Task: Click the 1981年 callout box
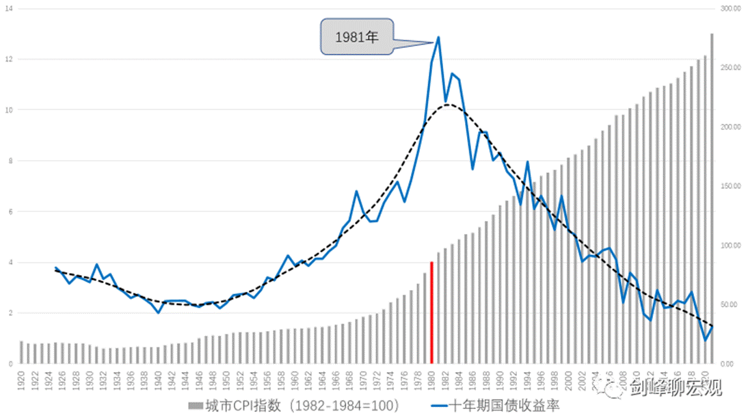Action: [x=356, y=38]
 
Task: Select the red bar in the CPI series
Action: [x=431, y=313]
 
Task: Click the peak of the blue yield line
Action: [x=438, y=38]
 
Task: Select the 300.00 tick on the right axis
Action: [x=732, y=8]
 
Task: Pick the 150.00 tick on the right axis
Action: [x=732, y=186]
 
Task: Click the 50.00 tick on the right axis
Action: [x=732, y=304]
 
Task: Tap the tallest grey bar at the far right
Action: [x=712, y=198]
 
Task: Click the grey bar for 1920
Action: [x=21, y=352]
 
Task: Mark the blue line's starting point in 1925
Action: [x=55, y=267]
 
